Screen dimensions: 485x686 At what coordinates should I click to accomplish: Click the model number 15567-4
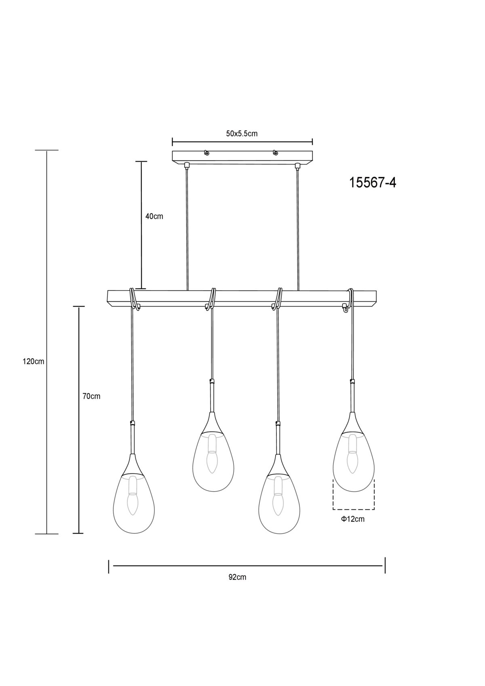373,183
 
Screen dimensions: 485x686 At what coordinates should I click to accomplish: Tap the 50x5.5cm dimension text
242,133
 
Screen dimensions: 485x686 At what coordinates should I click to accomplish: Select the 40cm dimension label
154,216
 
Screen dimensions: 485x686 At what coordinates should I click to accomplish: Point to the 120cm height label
34,362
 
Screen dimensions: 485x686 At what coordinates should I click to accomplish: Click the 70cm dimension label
91,396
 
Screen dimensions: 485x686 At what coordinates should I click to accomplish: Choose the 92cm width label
237,577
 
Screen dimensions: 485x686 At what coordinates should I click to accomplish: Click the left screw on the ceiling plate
207,152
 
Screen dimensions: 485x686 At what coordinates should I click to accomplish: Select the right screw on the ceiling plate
276,152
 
